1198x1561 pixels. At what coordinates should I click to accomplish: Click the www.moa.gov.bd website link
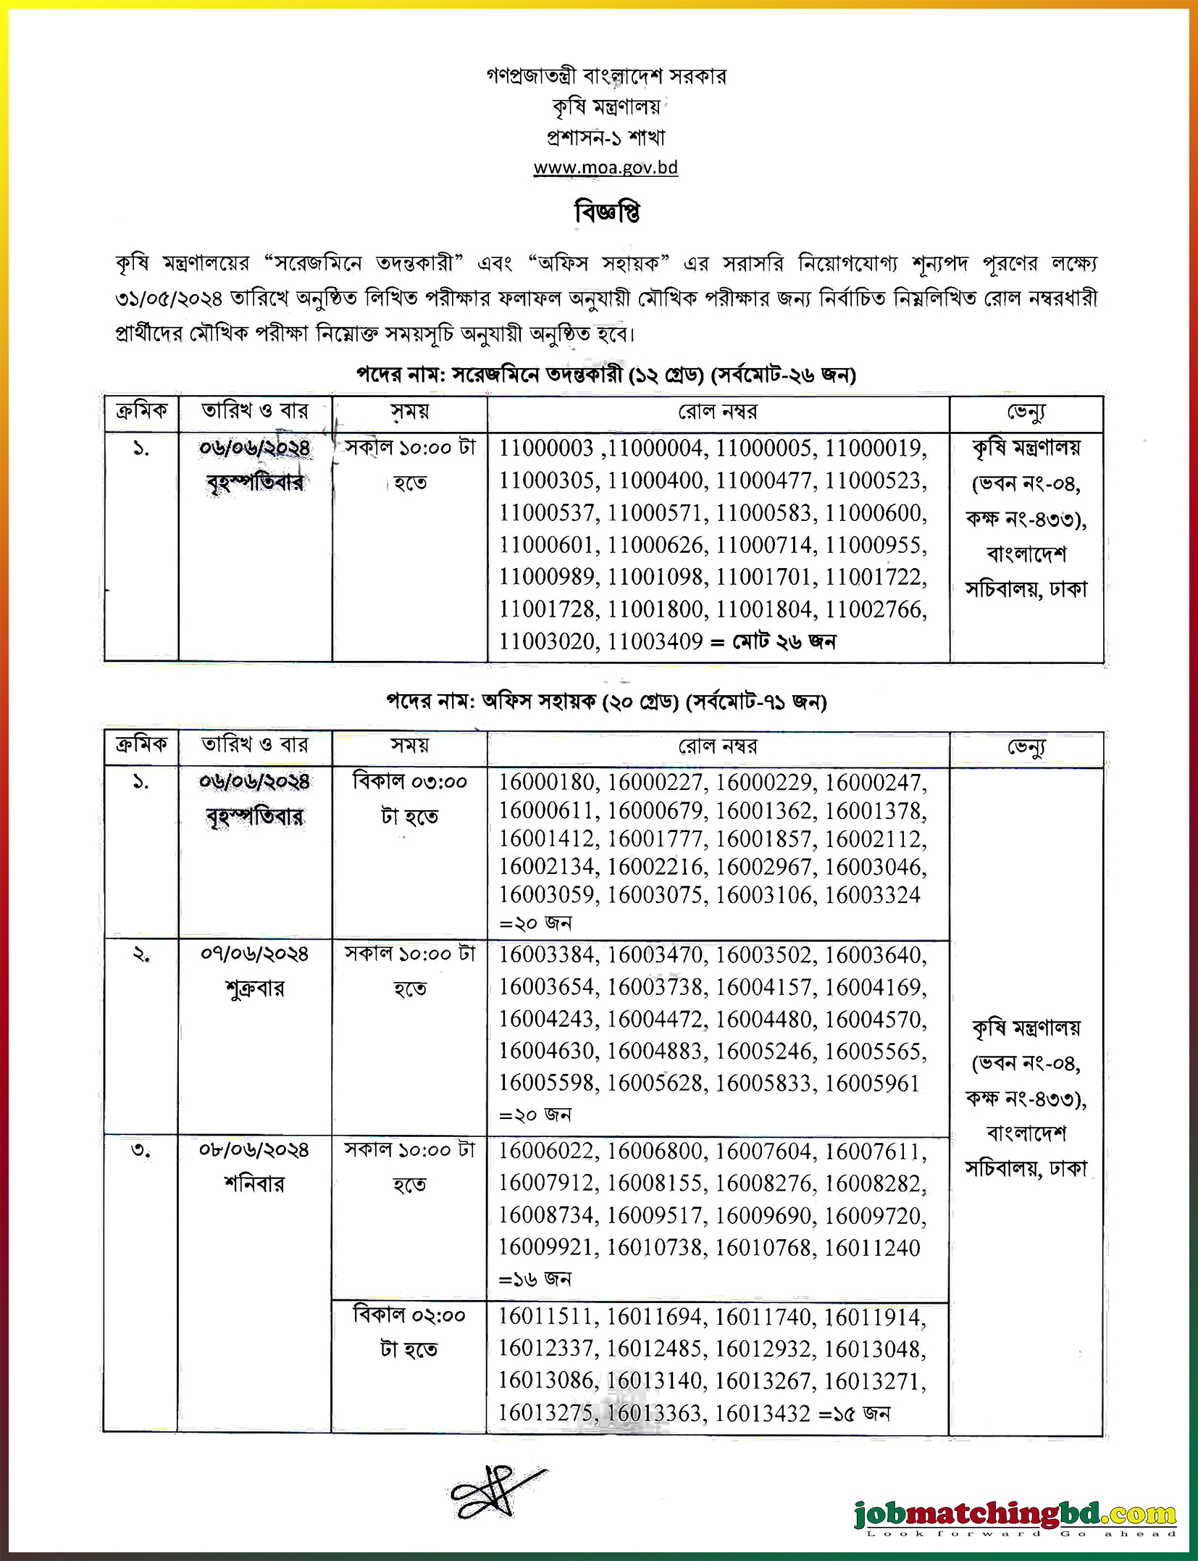coord(606,168)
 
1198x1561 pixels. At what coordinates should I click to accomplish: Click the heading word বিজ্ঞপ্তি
coord(607,213)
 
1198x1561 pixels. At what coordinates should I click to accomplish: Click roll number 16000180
coord(547,782)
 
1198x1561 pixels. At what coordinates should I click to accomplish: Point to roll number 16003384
coord(547,955)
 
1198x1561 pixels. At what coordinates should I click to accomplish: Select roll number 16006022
coord(547,1151)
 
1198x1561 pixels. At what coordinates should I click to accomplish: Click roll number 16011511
coord(547,1317)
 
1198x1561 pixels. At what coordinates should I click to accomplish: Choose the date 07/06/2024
coord(255,954)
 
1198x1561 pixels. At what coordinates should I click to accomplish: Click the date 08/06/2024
coord(255,1150)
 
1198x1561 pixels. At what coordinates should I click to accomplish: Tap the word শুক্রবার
coord(255,988)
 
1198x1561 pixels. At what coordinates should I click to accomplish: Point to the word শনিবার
coord(255,1184)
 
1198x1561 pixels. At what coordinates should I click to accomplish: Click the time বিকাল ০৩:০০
coord(410,782)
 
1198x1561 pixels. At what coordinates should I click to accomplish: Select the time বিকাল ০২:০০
coord(410,1315)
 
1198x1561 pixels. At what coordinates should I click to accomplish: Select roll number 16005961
coord(872,1083)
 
